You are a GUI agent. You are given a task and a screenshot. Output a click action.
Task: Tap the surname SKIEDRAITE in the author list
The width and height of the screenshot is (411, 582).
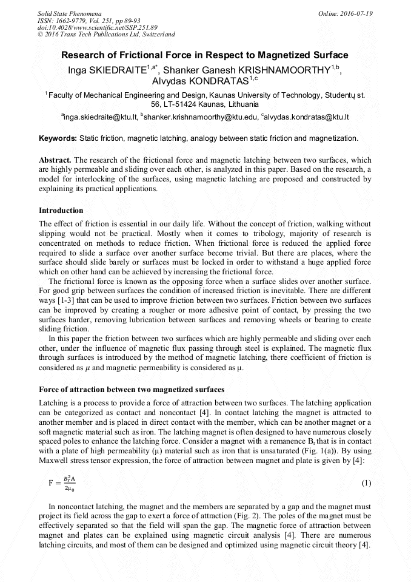[118, 69]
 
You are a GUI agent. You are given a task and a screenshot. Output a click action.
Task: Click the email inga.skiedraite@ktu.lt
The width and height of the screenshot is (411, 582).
[100, 117]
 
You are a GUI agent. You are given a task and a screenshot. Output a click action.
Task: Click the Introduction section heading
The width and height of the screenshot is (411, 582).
[61, 211]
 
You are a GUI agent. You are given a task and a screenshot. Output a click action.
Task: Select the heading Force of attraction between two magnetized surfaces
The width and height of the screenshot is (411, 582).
[132, 389]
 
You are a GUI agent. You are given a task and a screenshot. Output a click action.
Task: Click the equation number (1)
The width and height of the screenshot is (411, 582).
[366, 483]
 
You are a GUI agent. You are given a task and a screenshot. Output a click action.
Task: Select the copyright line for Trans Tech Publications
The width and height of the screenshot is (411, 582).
[106, 35]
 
